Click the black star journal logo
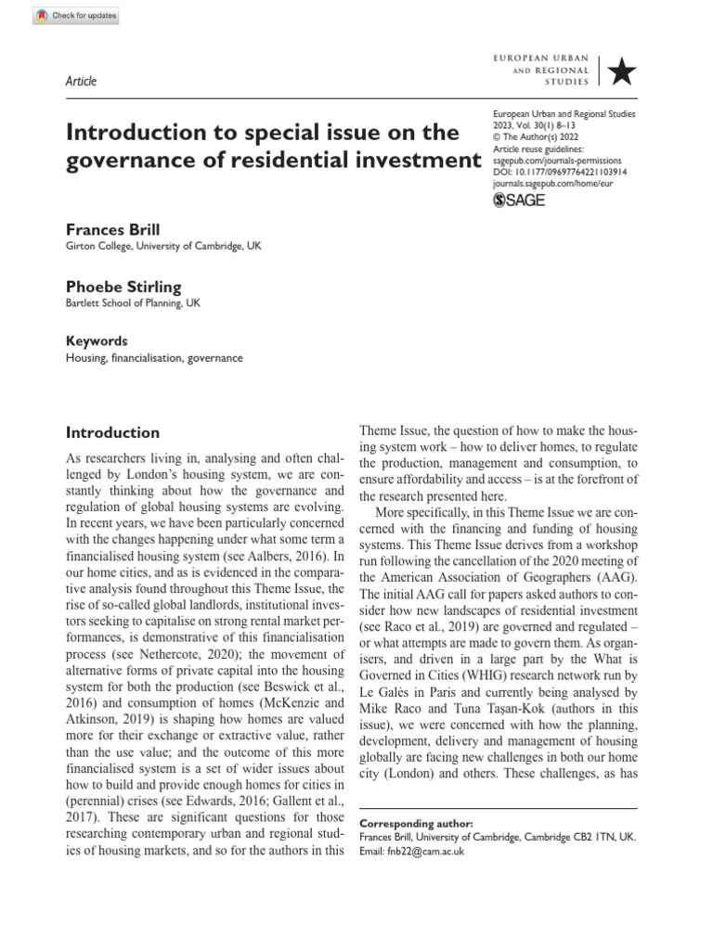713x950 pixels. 619,71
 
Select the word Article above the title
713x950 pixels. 81,81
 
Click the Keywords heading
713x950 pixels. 97,341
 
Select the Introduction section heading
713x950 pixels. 112,432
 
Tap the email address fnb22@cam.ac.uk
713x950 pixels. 425,850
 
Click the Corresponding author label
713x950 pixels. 415,823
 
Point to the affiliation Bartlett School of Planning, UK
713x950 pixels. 132,303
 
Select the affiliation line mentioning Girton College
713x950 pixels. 155,246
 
